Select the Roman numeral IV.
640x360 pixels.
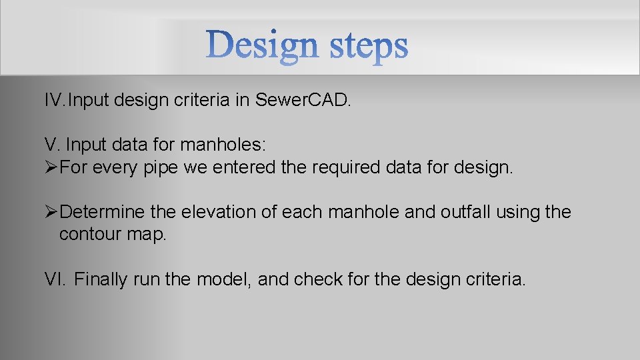point(55,101)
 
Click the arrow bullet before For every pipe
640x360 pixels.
point(51,167)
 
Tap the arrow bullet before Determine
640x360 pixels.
point(51,212)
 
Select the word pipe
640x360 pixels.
point(161,167)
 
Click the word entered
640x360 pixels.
point(243,167)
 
